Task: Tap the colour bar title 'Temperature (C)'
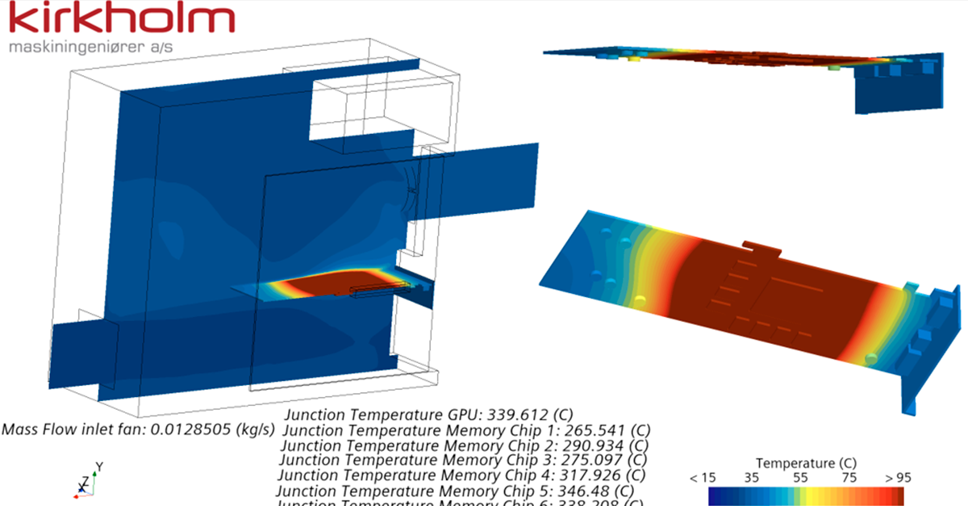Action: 806,463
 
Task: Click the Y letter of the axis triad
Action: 99,466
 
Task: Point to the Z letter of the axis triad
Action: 83,482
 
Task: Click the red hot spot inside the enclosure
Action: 339,284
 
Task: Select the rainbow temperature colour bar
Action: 806,496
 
